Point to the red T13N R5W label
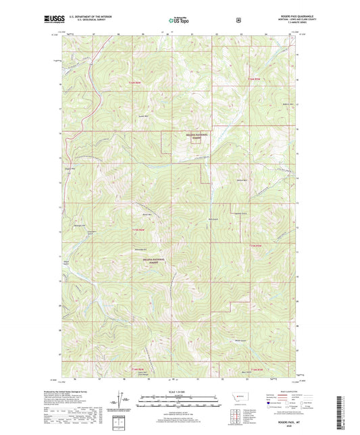255,245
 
